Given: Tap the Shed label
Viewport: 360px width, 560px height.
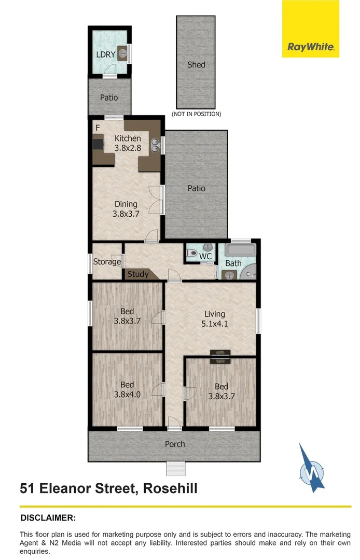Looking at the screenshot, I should click(196, 65).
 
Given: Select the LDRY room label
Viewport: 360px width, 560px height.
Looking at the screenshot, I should click(105, 54).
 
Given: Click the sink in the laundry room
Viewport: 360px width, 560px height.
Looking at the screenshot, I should click(122, 52).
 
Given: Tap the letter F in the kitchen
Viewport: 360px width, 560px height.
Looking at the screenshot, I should click(97, 128).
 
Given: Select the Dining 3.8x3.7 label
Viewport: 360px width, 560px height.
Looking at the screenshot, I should click(126, 208).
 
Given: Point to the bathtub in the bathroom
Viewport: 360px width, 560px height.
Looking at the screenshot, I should click(241, 251).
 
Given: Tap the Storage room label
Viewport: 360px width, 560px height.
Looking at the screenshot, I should click(107, 262).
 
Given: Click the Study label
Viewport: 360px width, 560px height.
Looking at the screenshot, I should click(138, 274).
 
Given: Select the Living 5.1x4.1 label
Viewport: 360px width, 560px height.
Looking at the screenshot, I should click(214, 318).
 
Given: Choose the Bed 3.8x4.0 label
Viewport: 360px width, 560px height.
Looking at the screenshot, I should click(127, 389).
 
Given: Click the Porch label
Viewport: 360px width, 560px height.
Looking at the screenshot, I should click(175, 444).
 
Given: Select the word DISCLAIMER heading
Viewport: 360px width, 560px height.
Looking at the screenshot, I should click(48, 517).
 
